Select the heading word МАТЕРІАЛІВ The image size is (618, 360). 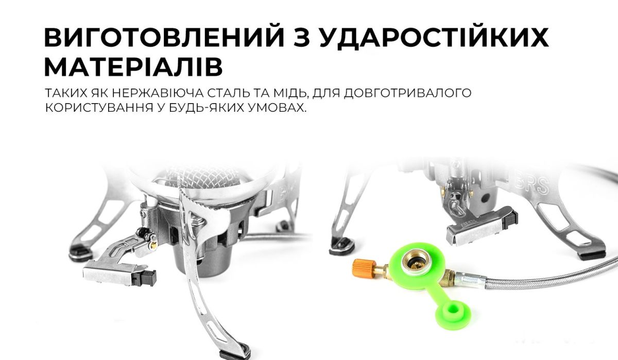(x=134, y=67)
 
